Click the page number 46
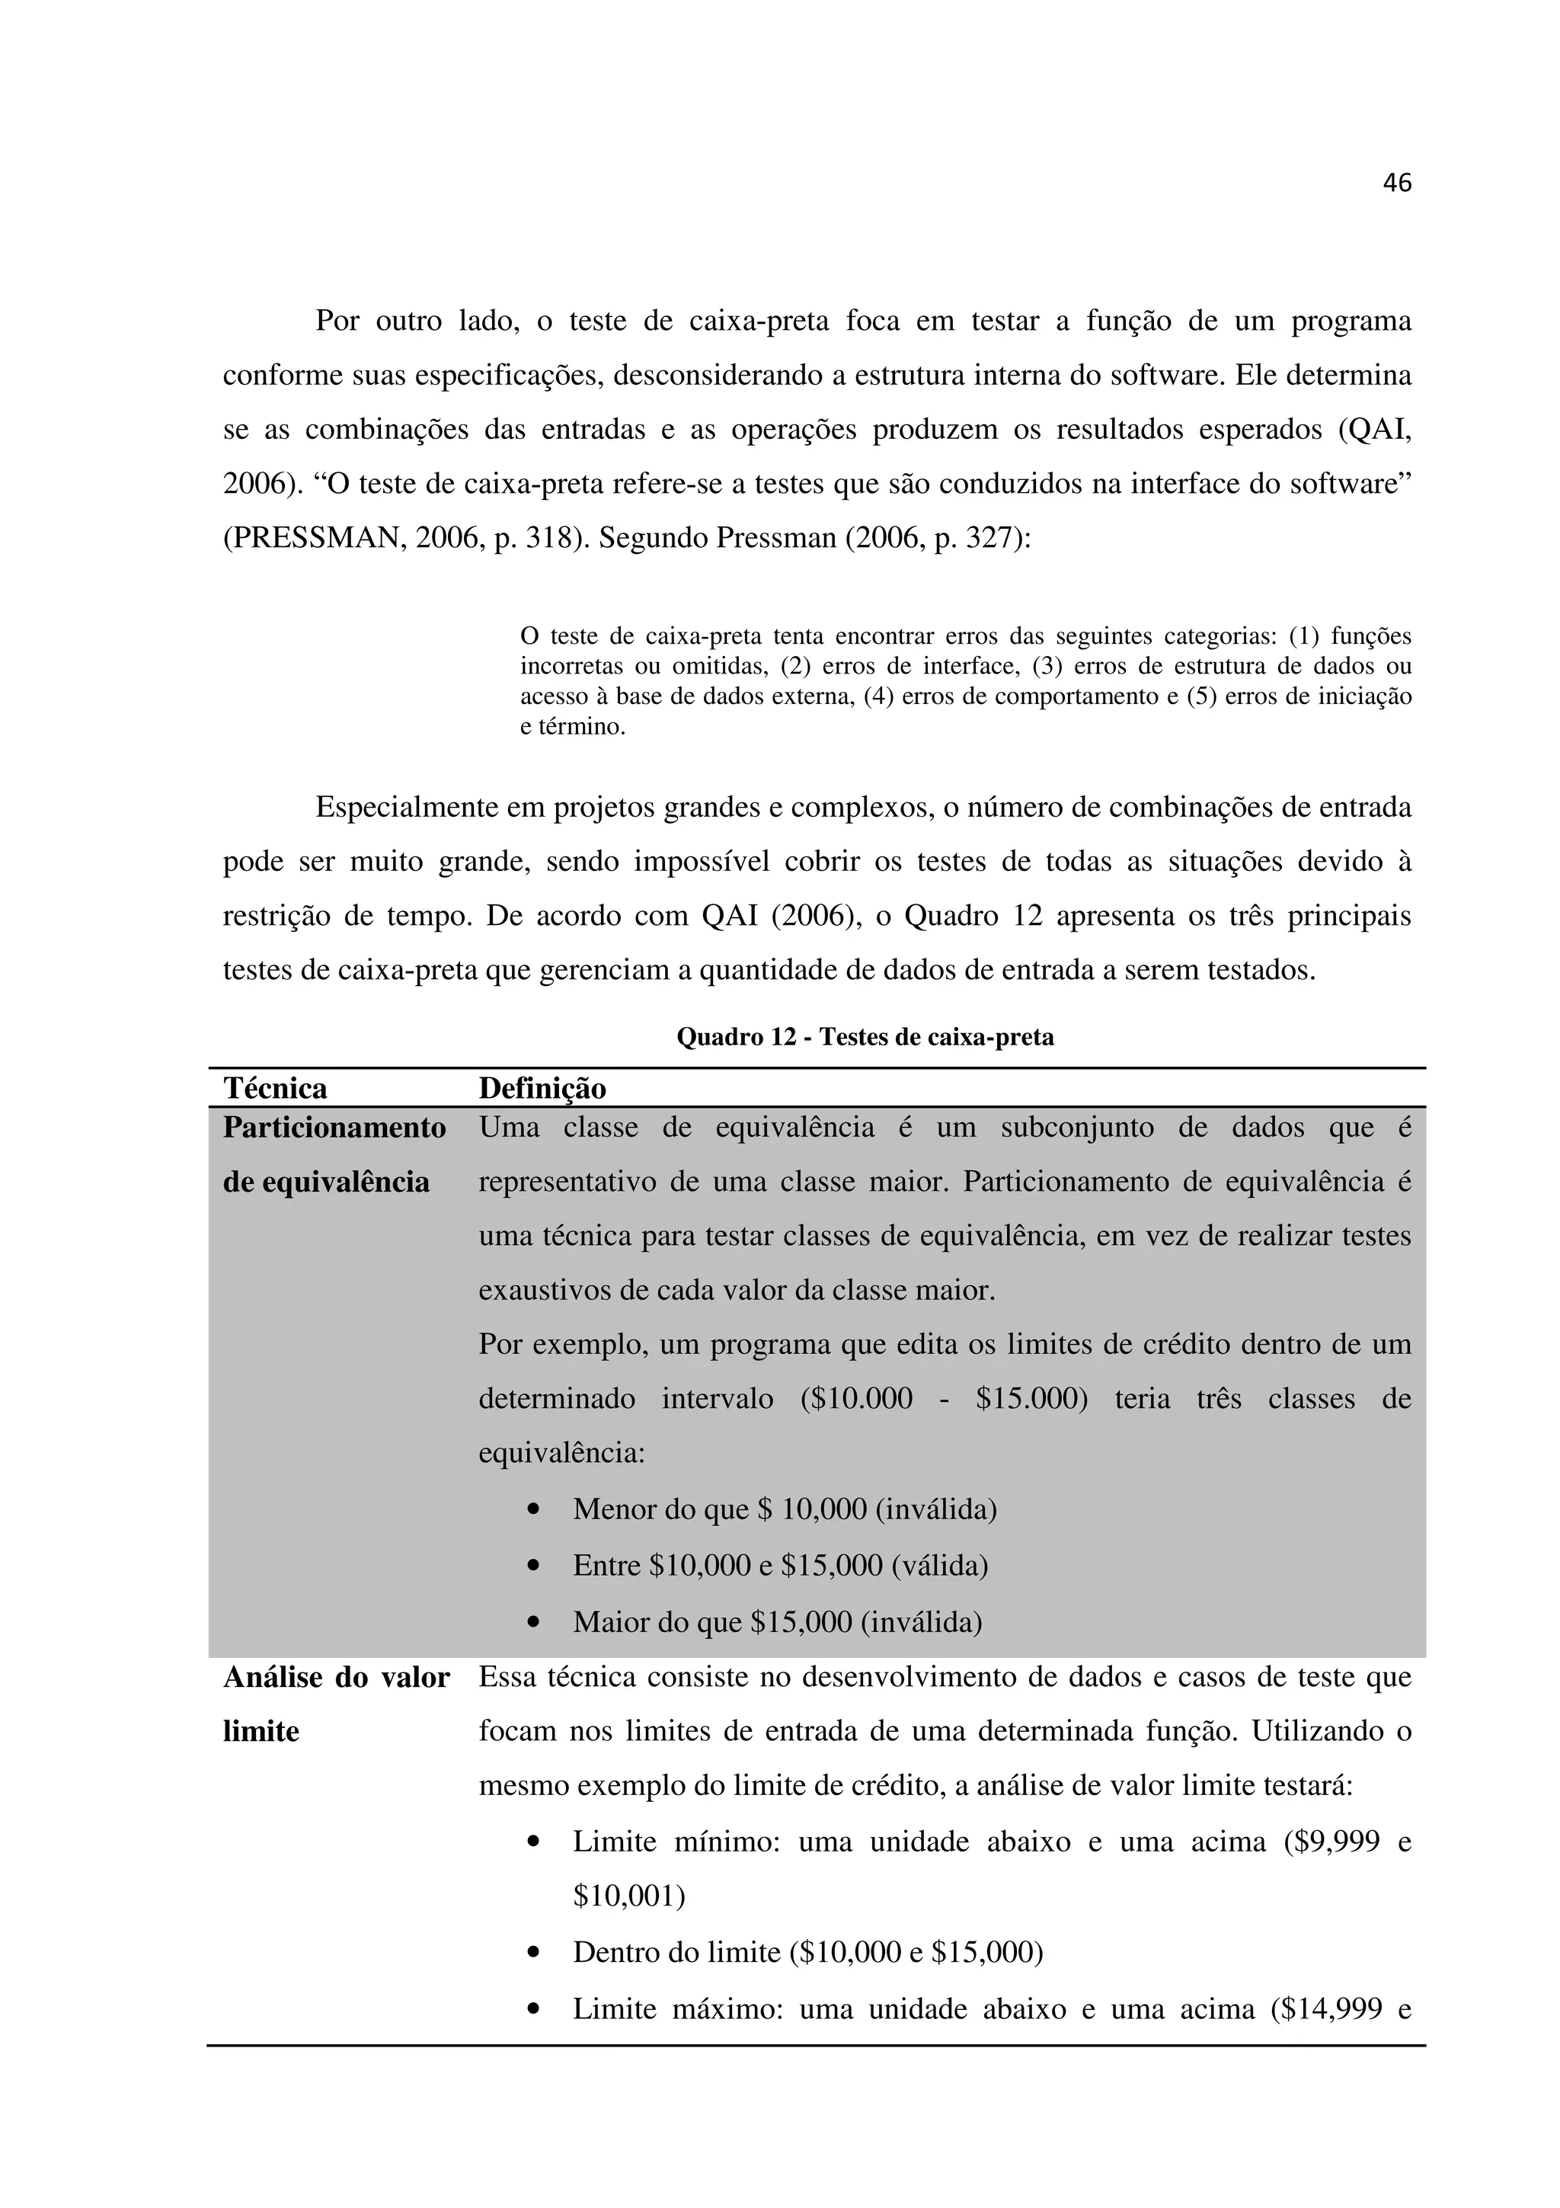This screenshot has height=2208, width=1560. [x=1396, y=183]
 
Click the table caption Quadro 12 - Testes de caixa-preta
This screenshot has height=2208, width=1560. [x=865, y=1037]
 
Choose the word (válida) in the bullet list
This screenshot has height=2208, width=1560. [x=939, y=1566]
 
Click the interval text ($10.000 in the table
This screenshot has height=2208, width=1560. [x=855, y=1398]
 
